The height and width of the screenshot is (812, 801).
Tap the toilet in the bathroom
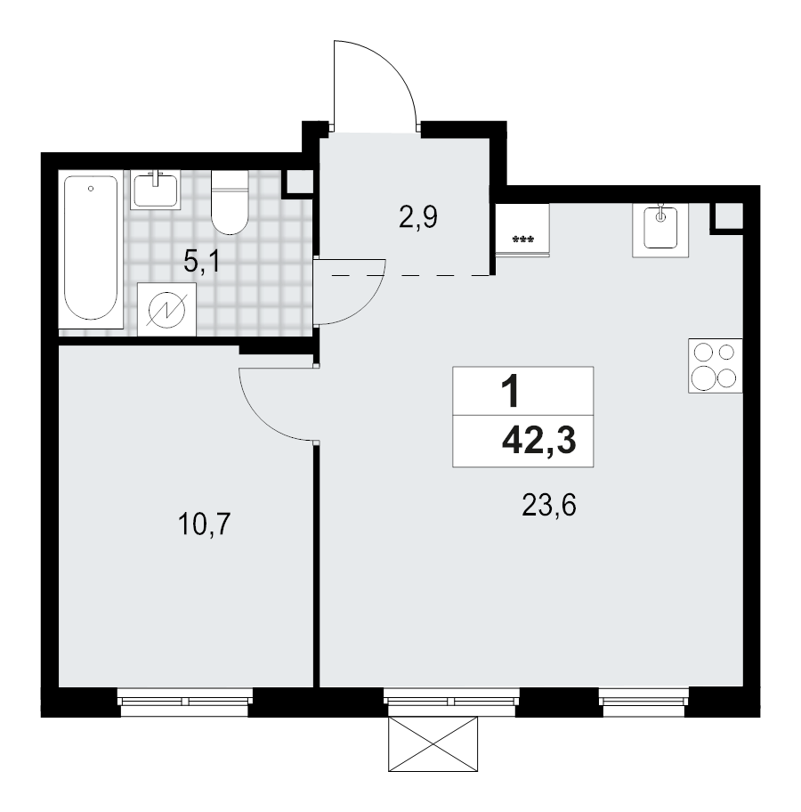click(x=230, y=210)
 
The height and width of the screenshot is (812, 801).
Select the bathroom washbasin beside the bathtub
click(x=157, y=190)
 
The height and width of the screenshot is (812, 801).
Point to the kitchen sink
click(x=659, y=230)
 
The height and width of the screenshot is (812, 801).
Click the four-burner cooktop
click(x=716, y=365)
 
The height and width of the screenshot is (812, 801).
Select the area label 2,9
click(x=417, y=216)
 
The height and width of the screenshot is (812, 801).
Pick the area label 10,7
click(x=205, y=524)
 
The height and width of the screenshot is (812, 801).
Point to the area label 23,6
click(x=550, y=507)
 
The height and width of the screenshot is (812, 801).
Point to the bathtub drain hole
click(x=92, y=189)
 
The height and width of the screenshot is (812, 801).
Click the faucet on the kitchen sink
click(x=660, y=214)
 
